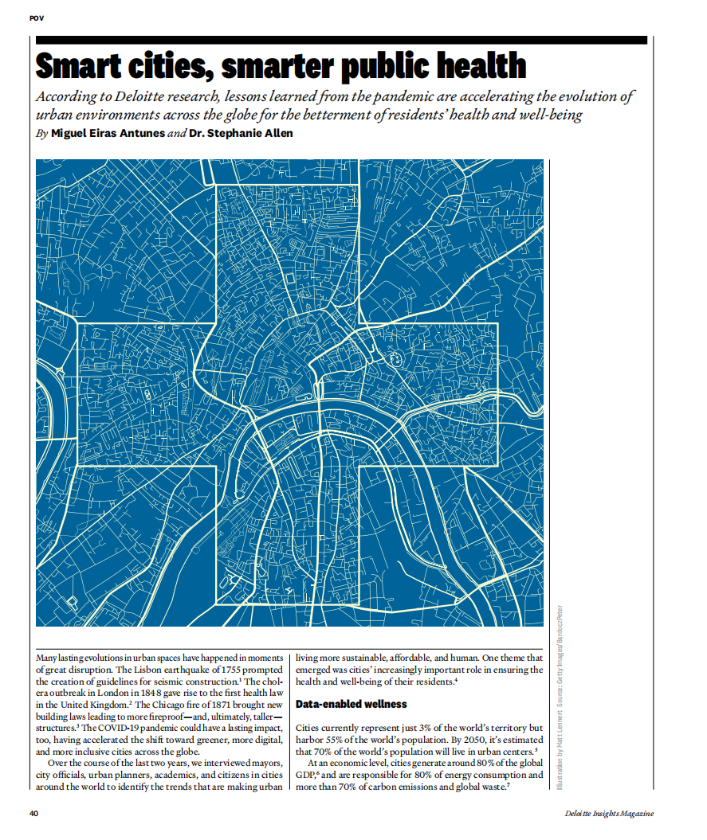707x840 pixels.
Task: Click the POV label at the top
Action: pyautogui.click(x=36, y=18)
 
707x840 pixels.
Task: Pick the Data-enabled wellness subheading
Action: pyautogui.click(x=351, y=704)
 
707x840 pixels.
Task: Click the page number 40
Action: pyautogui.click(x=34, y=813)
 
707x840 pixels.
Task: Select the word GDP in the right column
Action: pyautogui.click(x=305, y=775)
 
